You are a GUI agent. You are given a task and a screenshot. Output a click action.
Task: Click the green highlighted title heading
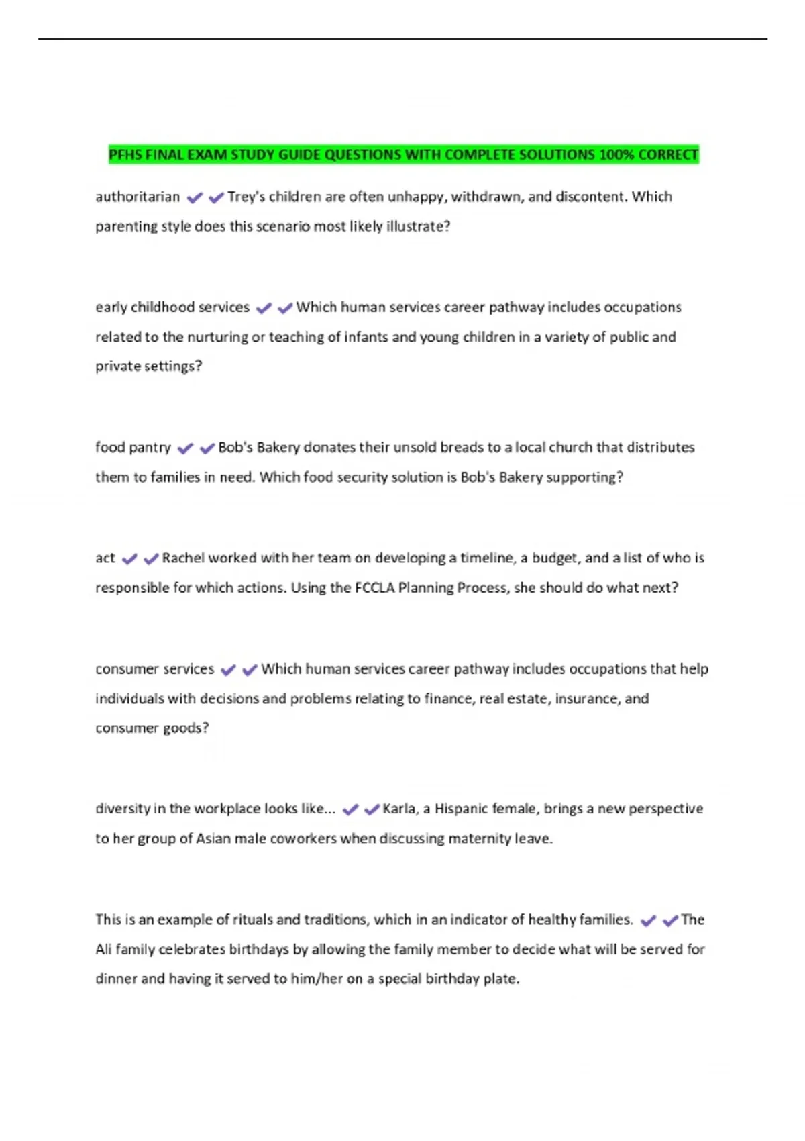[403, 155]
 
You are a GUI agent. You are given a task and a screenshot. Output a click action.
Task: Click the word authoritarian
[138, 197]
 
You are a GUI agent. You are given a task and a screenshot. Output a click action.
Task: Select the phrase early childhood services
[172, 307]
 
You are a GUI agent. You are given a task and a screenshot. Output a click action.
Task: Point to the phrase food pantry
[133, 448]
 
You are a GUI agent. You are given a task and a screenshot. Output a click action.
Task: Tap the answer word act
[105, 558]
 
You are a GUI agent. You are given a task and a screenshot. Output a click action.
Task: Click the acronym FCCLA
[374, 588]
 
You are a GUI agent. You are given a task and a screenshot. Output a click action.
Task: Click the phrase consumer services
[154, 669]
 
